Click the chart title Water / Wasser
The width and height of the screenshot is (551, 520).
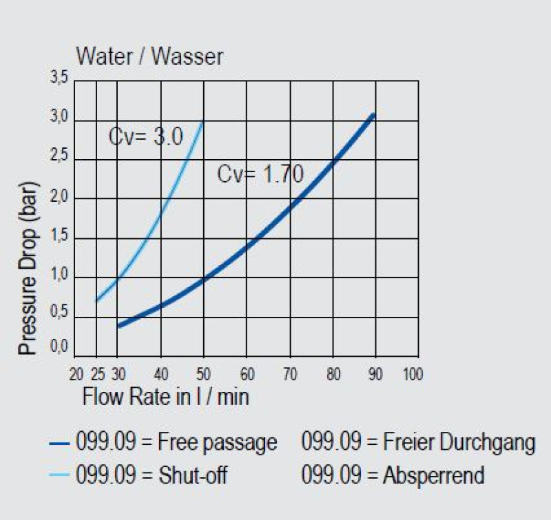[x=149, y=56]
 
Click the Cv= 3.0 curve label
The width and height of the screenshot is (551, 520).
[x=145, y=137]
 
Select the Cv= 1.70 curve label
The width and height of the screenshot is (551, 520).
[x=260, y=174]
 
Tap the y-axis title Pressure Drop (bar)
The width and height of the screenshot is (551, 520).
[x=28, y=269]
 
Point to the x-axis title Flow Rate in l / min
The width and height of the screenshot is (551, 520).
[x=165, y=397]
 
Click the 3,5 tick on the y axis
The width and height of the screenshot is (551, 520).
[x=60, y=80]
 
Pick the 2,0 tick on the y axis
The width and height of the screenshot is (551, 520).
[x=60, y=198]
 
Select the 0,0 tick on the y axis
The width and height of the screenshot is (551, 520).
[x=60, y=351]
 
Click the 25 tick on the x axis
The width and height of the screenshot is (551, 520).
[x=97, y=375]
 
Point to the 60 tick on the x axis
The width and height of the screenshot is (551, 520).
[x=247, y=375]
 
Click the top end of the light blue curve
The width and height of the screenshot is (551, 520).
[x=202, y=121]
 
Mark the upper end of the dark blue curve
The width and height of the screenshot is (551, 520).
[x=373, y=114]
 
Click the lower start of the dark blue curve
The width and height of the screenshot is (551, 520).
[x=118, y=326]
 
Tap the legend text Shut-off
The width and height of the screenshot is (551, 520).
[x=192, y=475]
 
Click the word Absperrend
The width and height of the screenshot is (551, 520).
[x=434, y=475]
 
